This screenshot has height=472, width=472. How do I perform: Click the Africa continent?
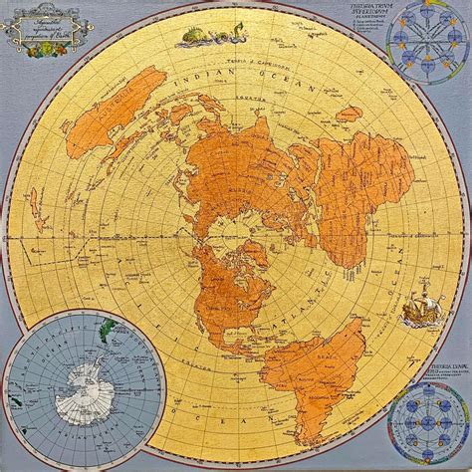(354, 189)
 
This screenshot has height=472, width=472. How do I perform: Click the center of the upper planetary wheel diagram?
(426, 40)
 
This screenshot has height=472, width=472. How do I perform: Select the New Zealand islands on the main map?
(37, 209)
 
